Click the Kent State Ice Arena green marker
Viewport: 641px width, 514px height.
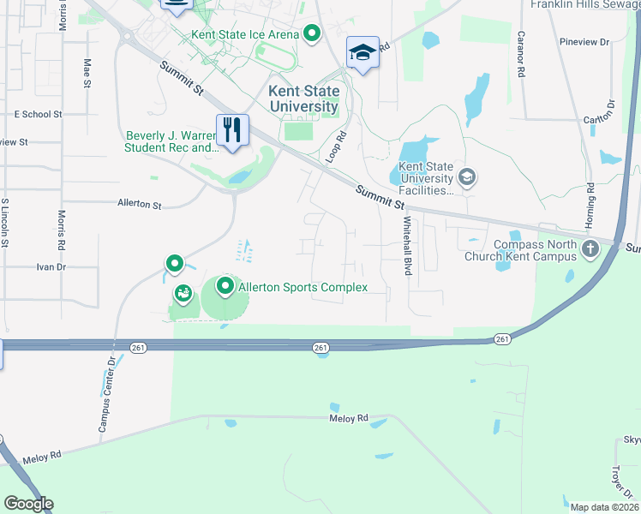point(312,34)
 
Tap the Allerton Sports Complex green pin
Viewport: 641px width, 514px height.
point(226,286)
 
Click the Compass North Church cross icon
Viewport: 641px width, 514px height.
point(590,250)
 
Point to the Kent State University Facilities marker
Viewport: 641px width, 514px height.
point(467,178)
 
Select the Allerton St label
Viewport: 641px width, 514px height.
point(139,205)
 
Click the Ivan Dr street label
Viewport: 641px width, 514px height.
point(51,267)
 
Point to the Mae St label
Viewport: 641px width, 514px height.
point(87,72)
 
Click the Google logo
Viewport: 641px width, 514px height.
point(28,504)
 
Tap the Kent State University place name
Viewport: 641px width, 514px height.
point(303,99)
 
